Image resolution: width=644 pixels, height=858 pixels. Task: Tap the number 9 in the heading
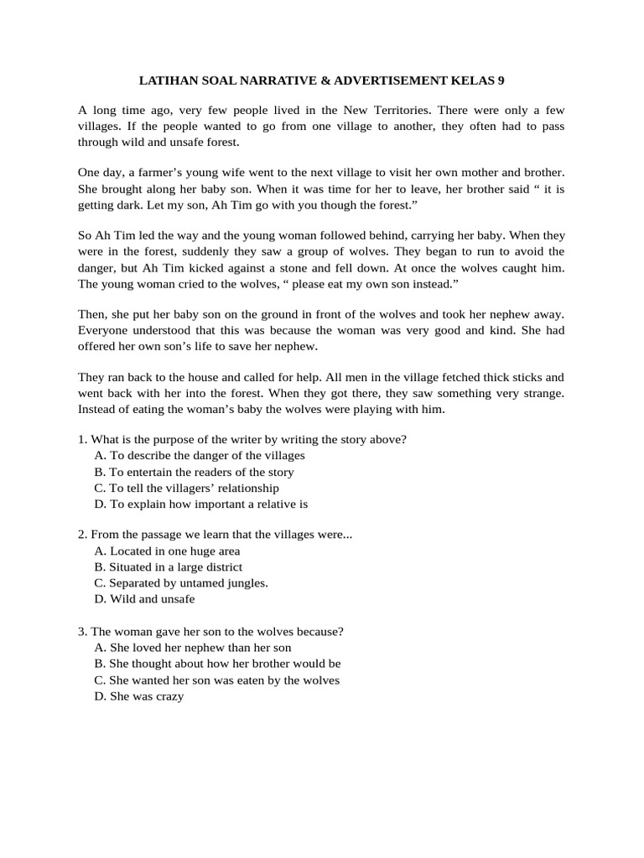coord(501,80)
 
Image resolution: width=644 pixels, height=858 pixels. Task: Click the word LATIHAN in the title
coord(169,80)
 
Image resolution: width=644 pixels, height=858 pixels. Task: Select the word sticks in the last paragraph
coord(513,378)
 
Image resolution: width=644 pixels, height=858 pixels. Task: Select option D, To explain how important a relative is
coord(201,504)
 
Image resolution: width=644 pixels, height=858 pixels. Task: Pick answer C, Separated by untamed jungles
coord(182,582)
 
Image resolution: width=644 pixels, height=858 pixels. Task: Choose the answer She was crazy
coord(139,696)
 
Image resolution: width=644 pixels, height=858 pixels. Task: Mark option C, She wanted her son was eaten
coord(217,680)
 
